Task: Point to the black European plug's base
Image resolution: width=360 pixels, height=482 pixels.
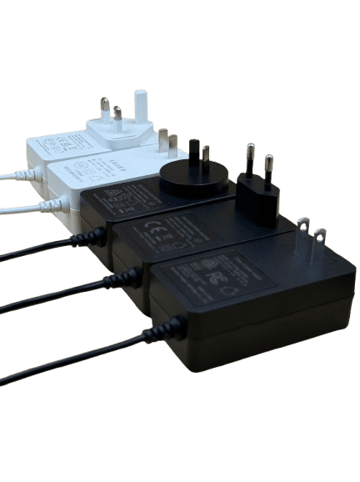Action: (257, 197)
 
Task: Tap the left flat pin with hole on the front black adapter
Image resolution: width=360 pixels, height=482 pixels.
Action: (303, 235)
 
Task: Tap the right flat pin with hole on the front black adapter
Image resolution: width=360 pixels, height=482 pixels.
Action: (319, 243)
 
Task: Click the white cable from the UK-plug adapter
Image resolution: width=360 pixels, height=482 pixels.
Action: (12, 176)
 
